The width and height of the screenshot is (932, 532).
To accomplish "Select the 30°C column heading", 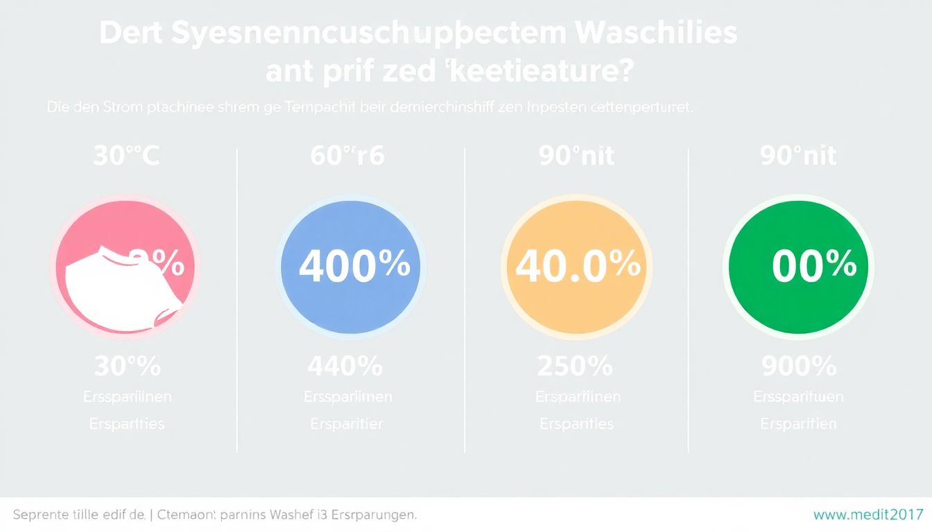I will point(126,156).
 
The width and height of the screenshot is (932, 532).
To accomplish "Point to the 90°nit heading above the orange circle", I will point(576,156).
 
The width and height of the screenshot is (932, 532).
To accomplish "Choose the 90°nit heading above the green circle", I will point(798,156).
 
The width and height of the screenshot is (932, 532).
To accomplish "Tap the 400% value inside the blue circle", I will point(354,267).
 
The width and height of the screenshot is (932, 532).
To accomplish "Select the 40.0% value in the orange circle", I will point(578,267).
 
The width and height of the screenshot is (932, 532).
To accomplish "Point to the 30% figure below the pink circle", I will point(127,366).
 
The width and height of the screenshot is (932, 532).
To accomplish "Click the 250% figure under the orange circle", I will point(575,366).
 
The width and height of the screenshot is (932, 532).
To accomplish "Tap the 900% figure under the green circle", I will point(799,366).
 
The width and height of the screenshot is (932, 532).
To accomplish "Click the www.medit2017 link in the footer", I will point(868,515).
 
